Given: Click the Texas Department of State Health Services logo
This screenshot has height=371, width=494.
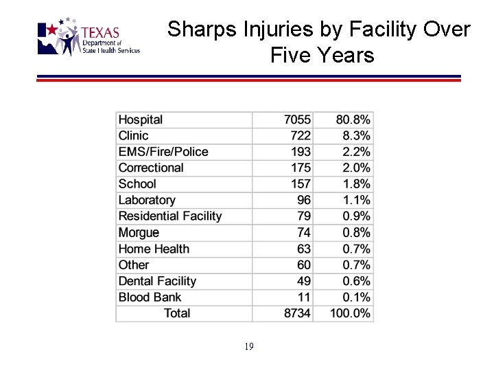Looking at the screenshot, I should click(89, 38).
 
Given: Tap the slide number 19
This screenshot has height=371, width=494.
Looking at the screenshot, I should click(248, 347).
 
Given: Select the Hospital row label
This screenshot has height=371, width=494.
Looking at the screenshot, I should click(141, 120).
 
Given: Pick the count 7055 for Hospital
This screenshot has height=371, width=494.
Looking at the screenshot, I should click(297, 120).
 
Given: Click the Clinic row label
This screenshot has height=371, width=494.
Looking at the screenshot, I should click(133, 136).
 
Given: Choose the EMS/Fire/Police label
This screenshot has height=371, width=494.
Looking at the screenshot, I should click(163, 152).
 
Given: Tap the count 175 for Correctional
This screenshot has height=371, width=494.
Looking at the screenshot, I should click(300, 168).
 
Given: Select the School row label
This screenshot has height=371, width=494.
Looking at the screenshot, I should click(137, 184).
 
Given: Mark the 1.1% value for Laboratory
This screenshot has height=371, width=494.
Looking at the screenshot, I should click(356, 200).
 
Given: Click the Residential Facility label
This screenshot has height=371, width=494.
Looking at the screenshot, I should click(170, 216).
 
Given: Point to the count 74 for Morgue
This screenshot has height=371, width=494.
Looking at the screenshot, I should click(303, 233).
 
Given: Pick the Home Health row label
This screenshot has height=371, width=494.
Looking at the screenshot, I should click(154, 249).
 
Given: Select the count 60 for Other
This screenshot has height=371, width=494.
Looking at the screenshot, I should click(303, 265).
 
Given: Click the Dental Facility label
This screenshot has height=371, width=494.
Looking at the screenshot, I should click(157, 281).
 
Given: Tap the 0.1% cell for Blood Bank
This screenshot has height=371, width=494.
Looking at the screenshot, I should click(356, 297).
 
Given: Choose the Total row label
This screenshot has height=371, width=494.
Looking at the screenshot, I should click(177, 313).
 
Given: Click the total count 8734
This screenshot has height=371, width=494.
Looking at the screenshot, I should click(297, 313).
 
